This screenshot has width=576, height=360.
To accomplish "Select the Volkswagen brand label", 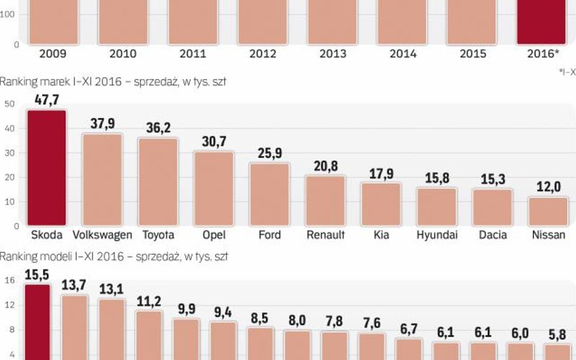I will [x=102, y=235].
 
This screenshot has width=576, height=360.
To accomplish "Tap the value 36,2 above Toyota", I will [x=158, y=129].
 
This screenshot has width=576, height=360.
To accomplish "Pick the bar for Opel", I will [x=214, y=188].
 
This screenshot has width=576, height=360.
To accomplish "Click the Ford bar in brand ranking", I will [x=270, y=194].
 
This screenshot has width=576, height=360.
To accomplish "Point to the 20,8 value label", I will [x=325, y=166].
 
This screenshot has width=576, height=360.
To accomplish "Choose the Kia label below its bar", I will [x=381, y=235].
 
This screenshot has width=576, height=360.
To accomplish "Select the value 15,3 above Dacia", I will [x=493, y=180].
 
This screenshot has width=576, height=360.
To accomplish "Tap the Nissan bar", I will [x=548, y=211].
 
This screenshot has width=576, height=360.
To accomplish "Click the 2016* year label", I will [x=543, y=53].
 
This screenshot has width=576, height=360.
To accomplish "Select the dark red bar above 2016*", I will [x=541, y=21].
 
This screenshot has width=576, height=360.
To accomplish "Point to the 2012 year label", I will [x=262, y=53].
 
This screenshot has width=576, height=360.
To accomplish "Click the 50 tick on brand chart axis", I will [x=9, y=104].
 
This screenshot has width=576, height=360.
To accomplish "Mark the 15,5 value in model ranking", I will [x=37, y=274].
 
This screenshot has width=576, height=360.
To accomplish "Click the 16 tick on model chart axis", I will [x=9, y=280].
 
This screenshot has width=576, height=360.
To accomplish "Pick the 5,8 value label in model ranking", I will [x=557, y=335].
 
